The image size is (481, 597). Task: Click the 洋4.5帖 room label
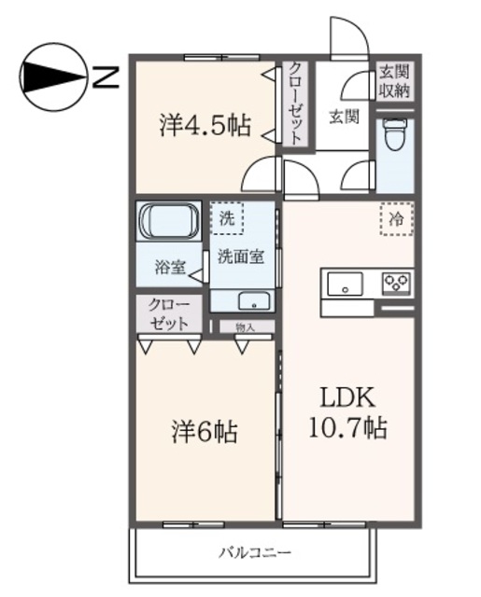pos(205,126)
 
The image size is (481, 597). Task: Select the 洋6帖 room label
pos(204,432)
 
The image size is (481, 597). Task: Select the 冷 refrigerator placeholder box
pos(398,220)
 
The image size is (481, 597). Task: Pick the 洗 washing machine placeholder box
pos(226,219)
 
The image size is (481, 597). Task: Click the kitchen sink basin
pos(347,283)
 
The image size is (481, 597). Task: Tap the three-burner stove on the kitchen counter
pos(397,283)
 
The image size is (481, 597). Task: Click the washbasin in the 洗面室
pos(251,300)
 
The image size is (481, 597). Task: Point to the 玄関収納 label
pos(395,82)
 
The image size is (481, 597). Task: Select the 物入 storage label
pos(245,326)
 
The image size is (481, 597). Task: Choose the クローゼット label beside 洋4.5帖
pos(295,102)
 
